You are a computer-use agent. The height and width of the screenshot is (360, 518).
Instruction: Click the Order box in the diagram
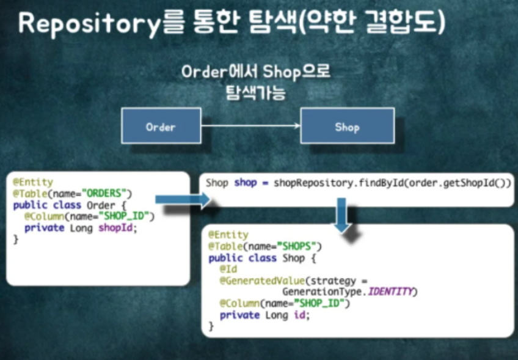(161, 127)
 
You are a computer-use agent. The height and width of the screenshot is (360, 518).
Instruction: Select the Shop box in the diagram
(347, 127)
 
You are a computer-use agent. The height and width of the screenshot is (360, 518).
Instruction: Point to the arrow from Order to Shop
(250, 126)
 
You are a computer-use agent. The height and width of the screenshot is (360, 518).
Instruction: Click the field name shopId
(119, 227)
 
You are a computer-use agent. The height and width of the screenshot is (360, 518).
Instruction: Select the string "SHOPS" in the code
(299, 246)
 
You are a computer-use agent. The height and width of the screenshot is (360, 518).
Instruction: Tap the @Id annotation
(228, 269)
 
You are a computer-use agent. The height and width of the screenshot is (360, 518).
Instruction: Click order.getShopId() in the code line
(447, 183)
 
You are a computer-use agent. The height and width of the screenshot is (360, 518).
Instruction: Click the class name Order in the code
(101, 205)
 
